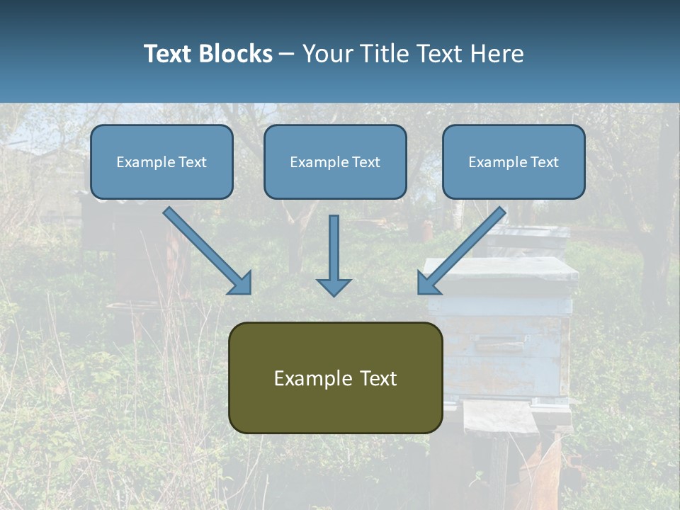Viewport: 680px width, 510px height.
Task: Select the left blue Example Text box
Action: tap(161, 161)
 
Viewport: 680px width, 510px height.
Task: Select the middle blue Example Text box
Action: tap(335, 161)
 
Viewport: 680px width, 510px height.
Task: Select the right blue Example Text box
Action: tap(514, 161)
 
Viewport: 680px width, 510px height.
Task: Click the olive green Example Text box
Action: tap(335, 378)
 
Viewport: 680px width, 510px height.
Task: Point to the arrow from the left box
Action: tap(205, 249)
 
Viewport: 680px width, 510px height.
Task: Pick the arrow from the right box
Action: tap(463, 249)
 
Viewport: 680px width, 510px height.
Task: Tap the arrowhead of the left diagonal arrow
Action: tap(241, 283)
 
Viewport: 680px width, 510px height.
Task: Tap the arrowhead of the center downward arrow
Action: tap(334, 287)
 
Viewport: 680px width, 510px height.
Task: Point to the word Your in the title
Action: tap(327, 54)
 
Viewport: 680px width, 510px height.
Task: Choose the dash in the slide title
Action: tap(287, 55)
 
